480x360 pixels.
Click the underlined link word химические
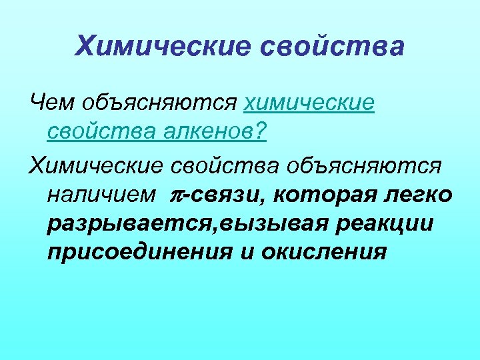click(309, 103)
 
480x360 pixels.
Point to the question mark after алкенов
click(260, 133)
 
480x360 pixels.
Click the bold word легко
click(420, 194)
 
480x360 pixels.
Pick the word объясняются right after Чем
click(159, 103)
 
